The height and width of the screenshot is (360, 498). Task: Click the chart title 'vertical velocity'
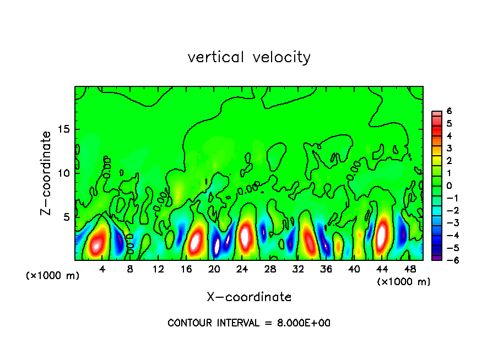[x=249, y=57]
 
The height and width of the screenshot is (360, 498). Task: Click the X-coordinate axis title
[x=249, y=297]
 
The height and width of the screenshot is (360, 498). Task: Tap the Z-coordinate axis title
[x=46, y=173]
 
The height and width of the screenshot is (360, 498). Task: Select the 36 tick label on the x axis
[x=326, y=270]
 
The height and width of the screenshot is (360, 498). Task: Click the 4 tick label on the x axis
[x=102, y=270]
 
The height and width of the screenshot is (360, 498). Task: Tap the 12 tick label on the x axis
[x=159, y=270]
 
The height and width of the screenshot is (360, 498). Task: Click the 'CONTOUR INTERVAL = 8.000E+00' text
[x=249, y=323]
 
